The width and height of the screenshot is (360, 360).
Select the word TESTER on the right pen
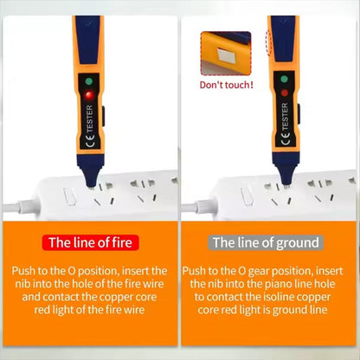pos(285,119)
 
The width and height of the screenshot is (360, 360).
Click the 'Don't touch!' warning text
pos(227,85)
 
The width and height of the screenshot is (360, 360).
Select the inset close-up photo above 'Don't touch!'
pos(226,54)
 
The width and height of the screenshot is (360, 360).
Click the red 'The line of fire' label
pos(90,242)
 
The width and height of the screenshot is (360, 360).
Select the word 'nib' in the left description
pos(27,284)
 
